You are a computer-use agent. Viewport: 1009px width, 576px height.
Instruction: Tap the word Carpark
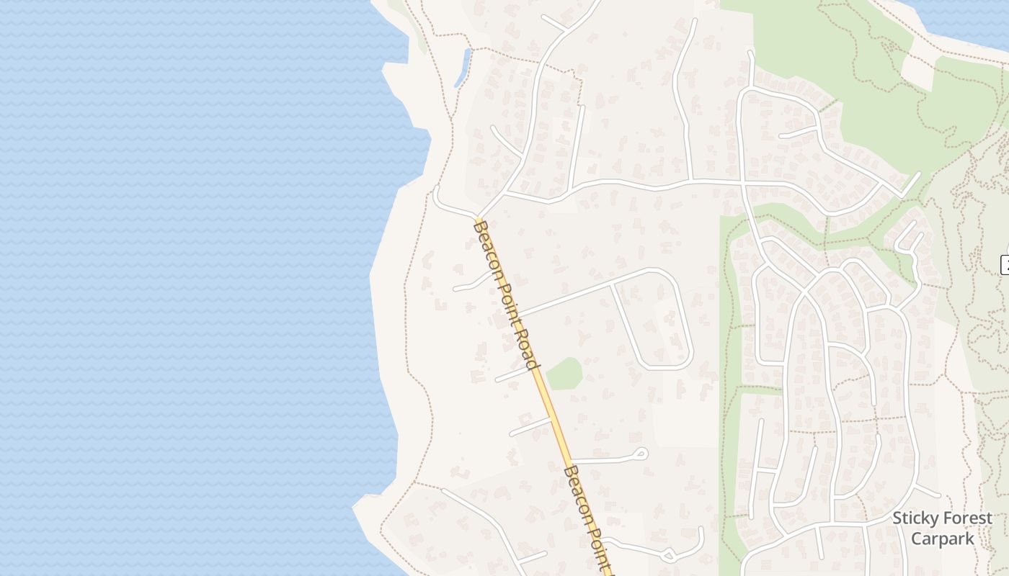(x=942, y=538)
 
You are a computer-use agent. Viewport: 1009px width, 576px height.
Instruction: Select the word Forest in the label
(x=966, y=518)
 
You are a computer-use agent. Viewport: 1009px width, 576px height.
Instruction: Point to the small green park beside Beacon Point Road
(x=564, y=374)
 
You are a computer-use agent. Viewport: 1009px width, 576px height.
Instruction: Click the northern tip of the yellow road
(x=478, y=217)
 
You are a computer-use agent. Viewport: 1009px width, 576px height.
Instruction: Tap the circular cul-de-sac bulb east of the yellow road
(x=639, y=454)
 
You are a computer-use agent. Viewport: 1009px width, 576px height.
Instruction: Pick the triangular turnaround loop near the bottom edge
(x=668, y=555)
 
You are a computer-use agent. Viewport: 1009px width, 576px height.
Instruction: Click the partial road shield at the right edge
(x=1005, y=264)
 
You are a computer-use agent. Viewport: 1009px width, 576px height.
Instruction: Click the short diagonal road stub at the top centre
(x=556, y=23)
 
